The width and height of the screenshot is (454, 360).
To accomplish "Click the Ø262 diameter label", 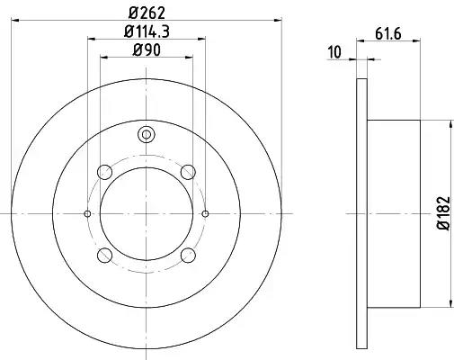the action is coord(147,13).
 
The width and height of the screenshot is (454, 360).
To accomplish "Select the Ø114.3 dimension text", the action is coord(147,31).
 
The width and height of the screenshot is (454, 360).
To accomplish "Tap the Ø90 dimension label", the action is coord(147,49).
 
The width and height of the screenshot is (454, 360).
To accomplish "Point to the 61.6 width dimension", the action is coord(388,33).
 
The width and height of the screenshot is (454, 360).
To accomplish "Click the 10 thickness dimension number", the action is coord(334,52).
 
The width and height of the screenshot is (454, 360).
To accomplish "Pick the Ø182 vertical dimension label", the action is coord(444,213).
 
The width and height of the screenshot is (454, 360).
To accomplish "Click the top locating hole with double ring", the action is coord(147,134).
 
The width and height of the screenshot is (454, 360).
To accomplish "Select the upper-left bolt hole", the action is coord(104,172).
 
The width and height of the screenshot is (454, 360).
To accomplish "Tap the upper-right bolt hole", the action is coord(189,172).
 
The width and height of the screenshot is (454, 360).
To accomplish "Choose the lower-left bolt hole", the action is coord(104,256).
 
